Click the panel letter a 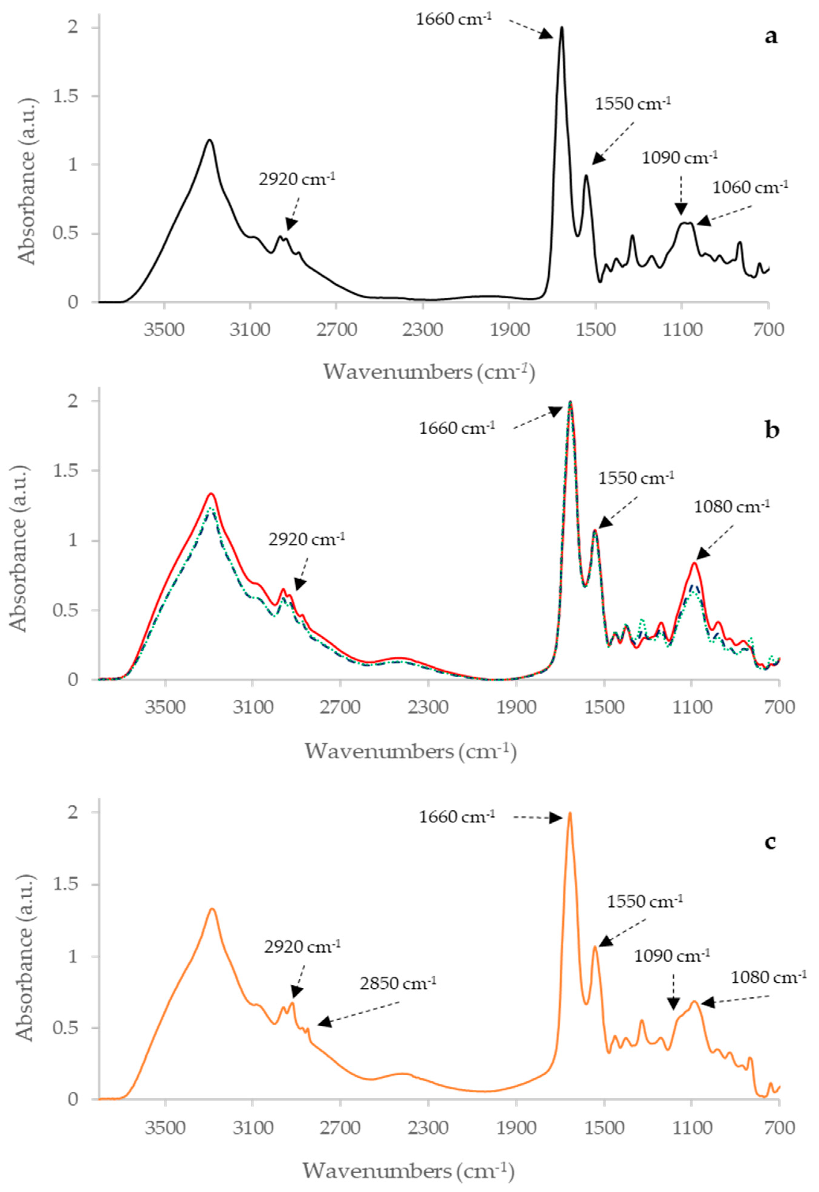770,37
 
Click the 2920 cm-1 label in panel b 306,540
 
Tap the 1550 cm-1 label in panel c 644,902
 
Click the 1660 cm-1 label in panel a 454,20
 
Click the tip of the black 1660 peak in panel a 561,28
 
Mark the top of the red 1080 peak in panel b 694,563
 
